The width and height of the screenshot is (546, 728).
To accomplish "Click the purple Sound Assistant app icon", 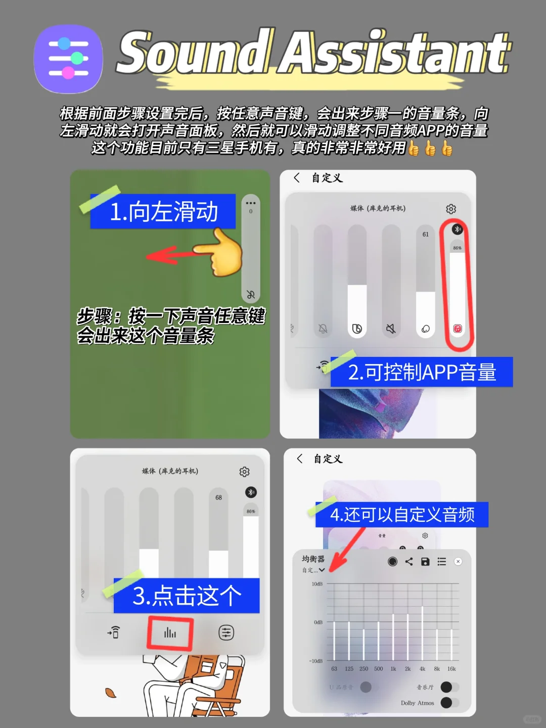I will point(68,59).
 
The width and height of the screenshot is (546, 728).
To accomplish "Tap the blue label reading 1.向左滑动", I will point(163,211).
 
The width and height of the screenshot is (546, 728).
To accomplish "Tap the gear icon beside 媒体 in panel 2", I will point(451,209).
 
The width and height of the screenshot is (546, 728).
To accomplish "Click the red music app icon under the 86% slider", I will point(458,329).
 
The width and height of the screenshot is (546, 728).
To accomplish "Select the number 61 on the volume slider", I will point(426,235).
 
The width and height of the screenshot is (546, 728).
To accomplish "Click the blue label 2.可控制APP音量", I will point(422,372).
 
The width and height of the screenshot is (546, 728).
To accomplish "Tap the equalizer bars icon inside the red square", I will point(170,632).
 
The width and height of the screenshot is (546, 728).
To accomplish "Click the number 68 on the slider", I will point(218,497).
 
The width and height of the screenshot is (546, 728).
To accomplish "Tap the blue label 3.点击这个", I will point(187,596).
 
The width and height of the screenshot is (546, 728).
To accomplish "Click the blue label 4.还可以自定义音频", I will point(402,515).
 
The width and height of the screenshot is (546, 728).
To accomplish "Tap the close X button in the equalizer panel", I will point(458,561).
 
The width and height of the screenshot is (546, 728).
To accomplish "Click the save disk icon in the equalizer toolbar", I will point(425,561).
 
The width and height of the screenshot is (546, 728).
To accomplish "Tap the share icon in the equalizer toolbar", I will point(409,561).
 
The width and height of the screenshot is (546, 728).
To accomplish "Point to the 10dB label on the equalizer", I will point(317,584).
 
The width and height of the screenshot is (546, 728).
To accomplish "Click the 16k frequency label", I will point(451,669).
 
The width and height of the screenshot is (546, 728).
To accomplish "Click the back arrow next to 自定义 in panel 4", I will point(300,459).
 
